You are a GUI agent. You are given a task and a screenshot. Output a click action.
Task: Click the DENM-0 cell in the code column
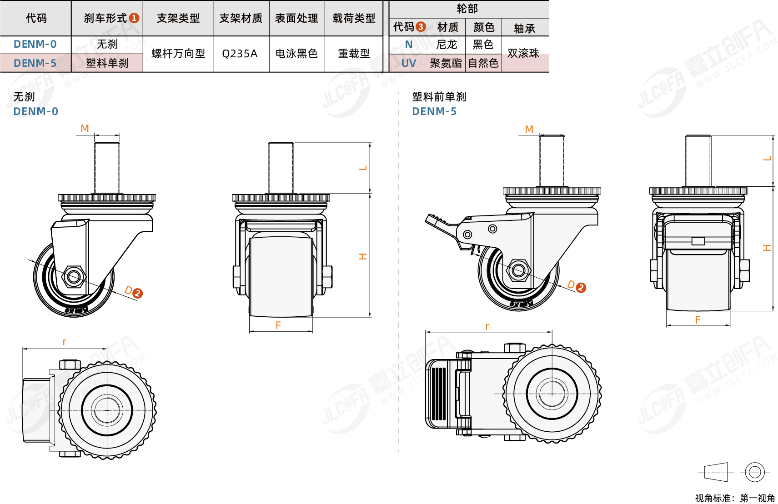click(x=35, y=44)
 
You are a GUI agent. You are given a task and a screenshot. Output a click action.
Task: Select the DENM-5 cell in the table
click(x=35, y=63)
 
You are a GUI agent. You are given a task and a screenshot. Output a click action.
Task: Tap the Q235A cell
click(x=240, y=54)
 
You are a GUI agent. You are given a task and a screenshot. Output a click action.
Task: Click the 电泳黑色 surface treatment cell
click(x=296, y=54)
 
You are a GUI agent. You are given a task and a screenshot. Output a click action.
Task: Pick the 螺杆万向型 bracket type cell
click(x=178, y=54)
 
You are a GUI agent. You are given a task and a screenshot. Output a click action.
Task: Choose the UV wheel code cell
click(x=408, y=63)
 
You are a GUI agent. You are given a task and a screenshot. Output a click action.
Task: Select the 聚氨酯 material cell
click(x=446, y=63)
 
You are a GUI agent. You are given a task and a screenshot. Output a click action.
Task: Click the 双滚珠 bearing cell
click(x=523, y=53)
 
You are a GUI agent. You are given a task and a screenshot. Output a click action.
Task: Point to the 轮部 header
click(x=467, y=9)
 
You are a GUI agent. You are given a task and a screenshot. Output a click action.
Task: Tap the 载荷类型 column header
click(x=354, y=18)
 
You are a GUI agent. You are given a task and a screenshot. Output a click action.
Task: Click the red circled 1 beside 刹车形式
click(x=134, y=18)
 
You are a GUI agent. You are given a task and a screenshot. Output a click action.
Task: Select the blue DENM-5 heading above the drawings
click(x=434, y=111)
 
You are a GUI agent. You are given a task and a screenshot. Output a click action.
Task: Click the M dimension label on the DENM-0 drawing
click(x=85, y=129)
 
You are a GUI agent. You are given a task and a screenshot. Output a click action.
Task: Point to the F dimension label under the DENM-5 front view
click(x=698, y=320)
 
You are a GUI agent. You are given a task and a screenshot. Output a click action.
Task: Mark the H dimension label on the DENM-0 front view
click(x=362, y=256)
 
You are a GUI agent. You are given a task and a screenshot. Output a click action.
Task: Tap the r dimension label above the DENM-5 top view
click(x=487, y=326)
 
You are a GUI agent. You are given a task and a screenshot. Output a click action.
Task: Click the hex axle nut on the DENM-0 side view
click(x=73, y=276)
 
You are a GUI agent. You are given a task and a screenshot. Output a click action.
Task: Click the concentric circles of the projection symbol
click(x=754, y=472)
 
